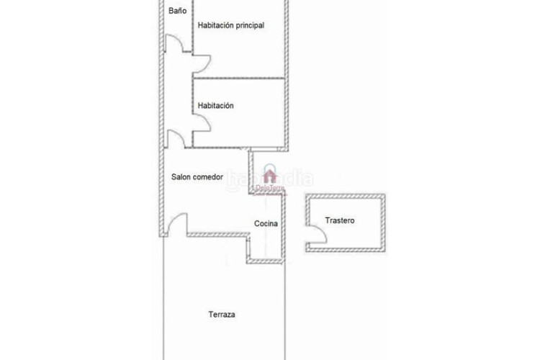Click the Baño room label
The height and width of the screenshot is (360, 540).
tap(177, 11)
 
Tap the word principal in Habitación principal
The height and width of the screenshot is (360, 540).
tap(245, 25)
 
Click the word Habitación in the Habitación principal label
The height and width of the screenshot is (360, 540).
tap(215, 25)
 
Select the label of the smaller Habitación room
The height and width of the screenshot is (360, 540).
tap(215, 105)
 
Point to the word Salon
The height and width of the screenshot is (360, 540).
tap(181, 176)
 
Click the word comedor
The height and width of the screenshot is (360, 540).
tap(208, 176)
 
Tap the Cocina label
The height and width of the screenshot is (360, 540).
tap(266, 224)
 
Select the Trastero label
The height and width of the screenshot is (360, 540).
tap(339, 220)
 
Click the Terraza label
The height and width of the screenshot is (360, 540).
tap(222, 315)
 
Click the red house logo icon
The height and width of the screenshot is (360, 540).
tap(270, 176)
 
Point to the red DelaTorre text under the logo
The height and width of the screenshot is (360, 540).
tap(270, 189)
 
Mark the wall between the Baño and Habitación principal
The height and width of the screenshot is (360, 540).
tap(192, 25)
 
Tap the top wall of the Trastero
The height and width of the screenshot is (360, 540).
tap(345, 195)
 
